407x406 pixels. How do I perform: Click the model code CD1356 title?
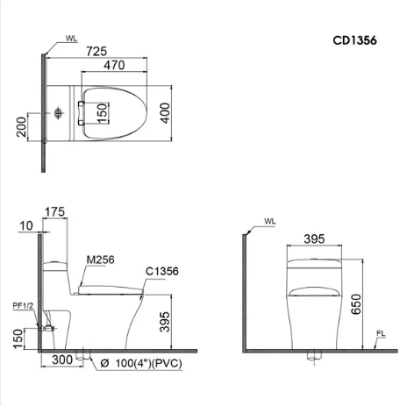[x=354, y=39]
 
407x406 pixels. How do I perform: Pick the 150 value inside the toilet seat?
[x=101, y=112]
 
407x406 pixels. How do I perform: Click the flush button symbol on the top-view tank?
[x=57, y=113]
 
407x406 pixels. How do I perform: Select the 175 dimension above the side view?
[x=54, y=212]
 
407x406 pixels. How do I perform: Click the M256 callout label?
[x=100, y=259]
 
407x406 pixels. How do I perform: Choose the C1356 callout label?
[x=162, y=271]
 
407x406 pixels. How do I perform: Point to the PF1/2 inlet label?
[x=23, y=304]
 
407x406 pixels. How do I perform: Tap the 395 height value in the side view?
[x=177, y=324]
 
